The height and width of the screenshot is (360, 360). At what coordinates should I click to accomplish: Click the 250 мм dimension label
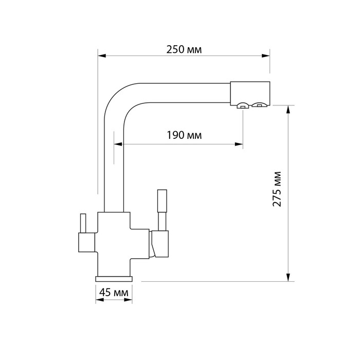[x=184, y=49]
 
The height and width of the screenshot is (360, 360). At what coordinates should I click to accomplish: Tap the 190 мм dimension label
[x=184, y=135]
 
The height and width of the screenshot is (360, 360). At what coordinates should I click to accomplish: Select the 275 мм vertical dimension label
[x=277, y=189]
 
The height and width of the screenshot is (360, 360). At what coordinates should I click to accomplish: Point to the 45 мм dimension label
[x=114, y=293]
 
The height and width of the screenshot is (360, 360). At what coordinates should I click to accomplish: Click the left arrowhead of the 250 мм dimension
[x=102, y=56]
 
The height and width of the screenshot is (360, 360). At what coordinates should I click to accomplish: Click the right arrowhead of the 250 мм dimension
[x=266, y=56]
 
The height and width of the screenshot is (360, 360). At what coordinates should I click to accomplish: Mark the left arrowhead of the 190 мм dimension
[x=118, y=144]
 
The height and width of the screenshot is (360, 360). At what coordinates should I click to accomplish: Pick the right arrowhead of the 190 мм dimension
[x=239, y=144]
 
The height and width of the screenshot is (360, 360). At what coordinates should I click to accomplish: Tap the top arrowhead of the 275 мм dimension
[x=289, y=110]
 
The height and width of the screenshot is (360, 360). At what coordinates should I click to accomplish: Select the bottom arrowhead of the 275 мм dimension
[x=289, y=277]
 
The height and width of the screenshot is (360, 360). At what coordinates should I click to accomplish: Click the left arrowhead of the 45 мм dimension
[x=100, y=300]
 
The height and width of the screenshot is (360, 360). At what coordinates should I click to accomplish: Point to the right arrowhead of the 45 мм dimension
[x=128, y=300]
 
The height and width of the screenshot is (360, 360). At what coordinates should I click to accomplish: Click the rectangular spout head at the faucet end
[x=250, y=94]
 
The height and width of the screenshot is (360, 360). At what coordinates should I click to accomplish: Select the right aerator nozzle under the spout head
[x=259, y=105]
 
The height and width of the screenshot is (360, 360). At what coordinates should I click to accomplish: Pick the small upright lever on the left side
[x=83, y=223]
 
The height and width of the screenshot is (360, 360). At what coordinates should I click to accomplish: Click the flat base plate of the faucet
[x=114, y=279]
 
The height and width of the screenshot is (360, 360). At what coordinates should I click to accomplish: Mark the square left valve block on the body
[x=87, y=242]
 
